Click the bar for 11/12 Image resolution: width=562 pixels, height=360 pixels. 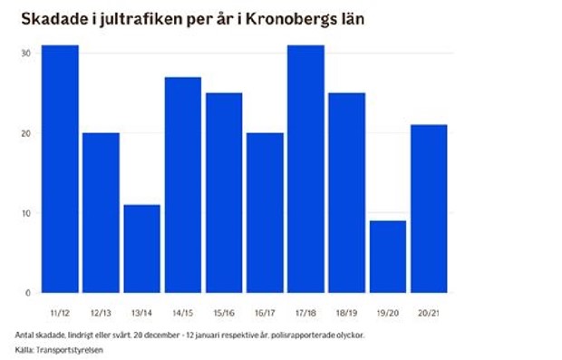coord(60,169)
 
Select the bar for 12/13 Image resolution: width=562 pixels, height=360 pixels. coord(101,212)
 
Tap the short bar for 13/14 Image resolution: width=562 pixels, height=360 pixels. coord(141,248)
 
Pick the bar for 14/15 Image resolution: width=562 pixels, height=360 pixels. coord(182,185)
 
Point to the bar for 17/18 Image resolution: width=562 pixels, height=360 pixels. coord(305,169)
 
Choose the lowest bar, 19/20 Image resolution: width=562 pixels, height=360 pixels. coord(388,257)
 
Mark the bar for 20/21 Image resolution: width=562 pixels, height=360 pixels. coord(429,209)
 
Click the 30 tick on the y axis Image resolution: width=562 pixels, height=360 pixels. coord(27,54)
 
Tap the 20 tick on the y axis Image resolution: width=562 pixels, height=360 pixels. coord(27,133)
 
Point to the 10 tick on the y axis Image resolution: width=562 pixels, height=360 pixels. coord(27,213)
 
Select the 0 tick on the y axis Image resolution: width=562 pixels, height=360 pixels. coord(29,293)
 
